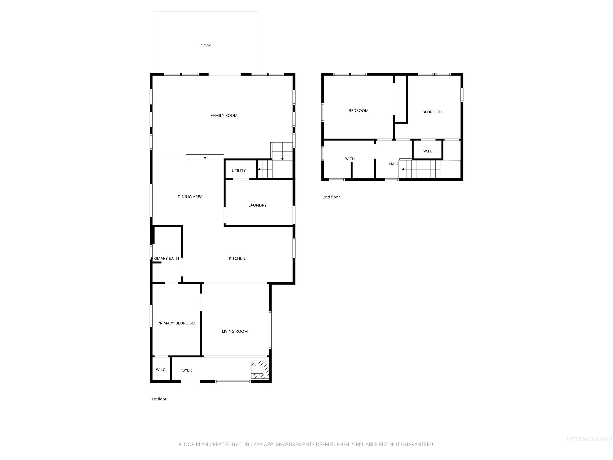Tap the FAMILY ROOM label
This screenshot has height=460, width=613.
(224, 116)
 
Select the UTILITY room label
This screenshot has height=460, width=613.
(239, 171)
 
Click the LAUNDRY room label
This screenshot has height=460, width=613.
(257, 205)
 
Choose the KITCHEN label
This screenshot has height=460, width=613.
(237, 258)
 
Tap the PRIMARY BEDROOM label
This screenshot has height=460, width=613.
(176, 323)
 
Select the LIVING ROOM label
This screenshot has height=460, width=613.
(234, 331)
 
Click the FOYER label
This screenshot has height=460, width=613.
(185, 370)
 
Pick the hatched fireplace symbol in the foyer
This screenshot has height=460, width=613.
(260, 370)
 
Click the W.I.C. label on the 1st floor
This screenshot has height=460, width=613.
(161, 370)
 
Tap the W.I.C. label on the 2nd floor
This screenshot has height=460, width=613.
(428, 151)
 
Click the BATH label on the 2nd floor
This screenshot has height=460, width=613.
(349, 159)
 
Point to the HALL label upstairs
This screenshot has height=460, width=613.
(394, 164)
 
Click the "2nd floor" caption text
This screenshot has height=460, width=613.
(331, 197)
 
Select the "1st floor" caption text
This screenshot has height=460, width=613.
(158, 399)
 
